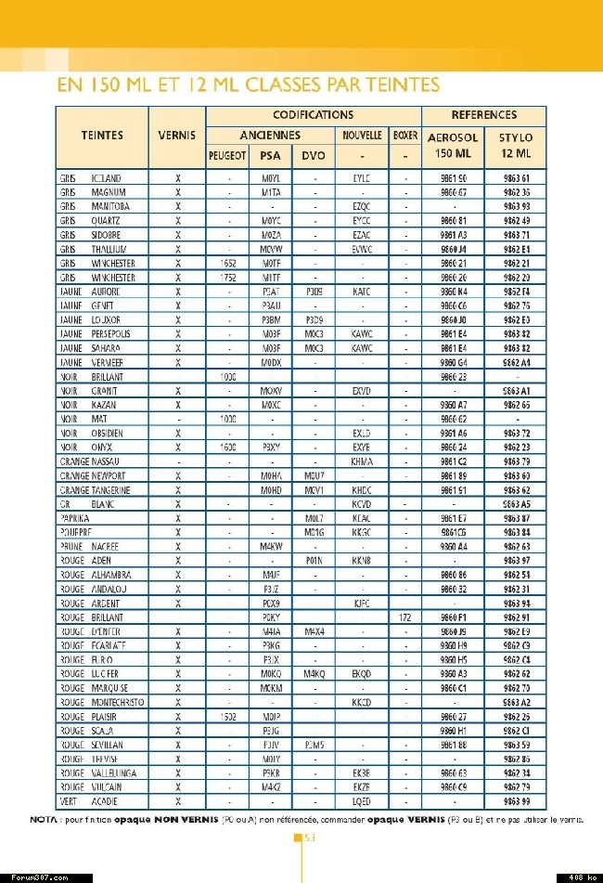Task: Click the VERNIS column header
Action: [x=176, y=135]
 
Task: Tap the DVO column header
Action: [x=314, y=155]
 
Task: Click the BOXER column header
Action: [x=405, y=136]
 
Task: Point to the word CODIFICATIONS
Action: [x=313, y=115]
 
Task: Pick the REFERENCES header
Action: [x=483, y=115]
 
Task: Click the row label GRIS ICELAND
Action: [x=91, y=178]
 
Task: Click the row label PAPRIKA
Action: [x=74, y=518]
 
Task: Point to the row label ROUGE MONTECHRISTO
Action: [x=101, y=703]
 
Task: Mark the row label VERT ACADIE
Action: [x=88, y=801]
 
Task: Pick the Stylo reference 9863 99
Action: [x=516, y=801]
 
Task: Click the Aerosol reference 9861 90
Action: [x=454, y=178]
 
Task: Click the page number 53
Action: [x=310, y=838]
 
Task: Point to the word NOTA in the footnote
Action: [x=44, y=821]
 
